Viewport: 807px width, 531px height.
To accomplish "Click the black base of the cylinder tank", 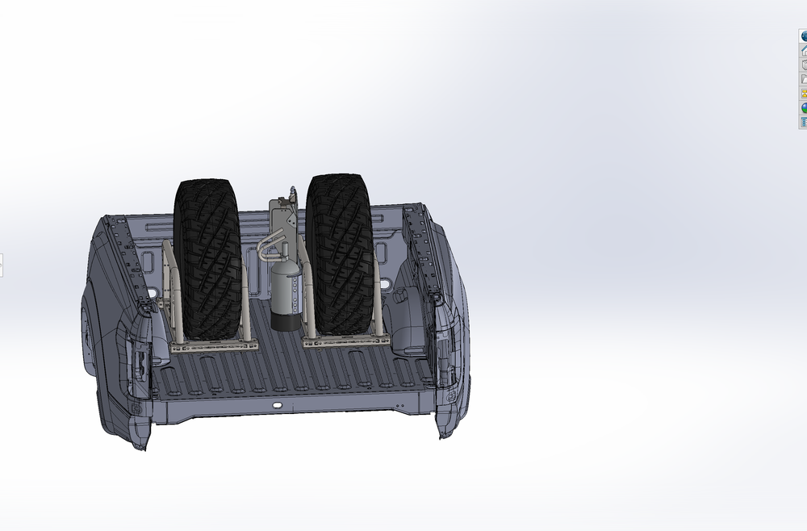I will (284, 323).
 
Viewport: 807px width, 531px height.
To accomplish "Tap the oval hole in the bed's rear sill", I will (277, 403).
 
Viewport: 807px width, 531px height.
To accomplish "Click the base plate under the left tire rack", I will (215, 346).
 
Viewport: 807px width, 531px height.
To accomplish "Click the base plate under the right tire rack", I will (347, 342).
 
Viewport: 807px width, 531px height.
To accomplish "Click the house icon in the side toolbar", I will (804, 50).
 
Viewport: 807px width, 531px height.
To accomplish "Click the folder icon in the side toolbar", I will (804, 79).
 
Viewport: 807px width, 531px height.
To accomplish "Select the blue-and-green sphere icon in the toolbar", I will (804, 107).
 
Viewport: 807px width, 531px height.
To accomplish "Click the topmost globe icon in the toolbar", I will (804, 36).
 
